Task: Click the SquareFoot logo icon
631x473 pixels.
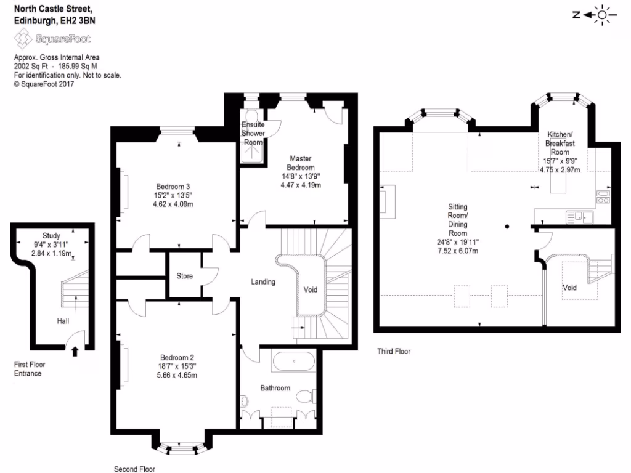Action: pyautogui.click(x=23, y=40)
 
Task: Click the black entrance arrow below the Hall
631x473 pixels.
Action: pyautogui.click(x=75, y=352)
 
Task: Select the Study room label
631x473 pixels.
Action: pyautogui.click(x=51, y=236)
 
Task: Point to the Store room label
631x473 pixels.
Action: pyautogui.click(x=184, y=276)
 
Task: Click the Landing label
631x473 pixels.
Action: pyautogui.click(x=263, y=282)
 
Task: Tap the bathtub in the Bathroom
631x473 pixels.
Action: pyautogui.click(x=293, y=361)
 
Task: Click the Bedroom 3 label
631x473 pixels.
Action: pyautogui.click(x=173, y=187)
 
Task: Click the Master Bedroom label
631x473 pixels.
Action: pyautogui.click(x=301, y=163)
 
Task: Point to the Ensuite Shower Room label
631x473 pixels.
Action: pyautogui.click(x=253, y=134)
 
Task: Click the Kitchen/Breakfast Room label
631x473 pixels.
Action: pyautogui.click(x=560, y=144)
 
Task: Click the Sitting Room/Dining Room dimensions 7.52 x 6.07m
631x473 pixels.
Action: pyautogui.click(x=457, y=251)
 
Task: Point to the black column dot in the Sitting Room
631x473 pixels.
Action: pyautogui.click(x=507, y=227)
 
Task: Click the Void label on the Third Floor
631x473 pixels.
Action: pyautogui.click(x=570, y=288)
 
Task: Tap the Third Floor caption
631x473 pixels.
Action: pyautogui.click(x=394, y=352)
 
